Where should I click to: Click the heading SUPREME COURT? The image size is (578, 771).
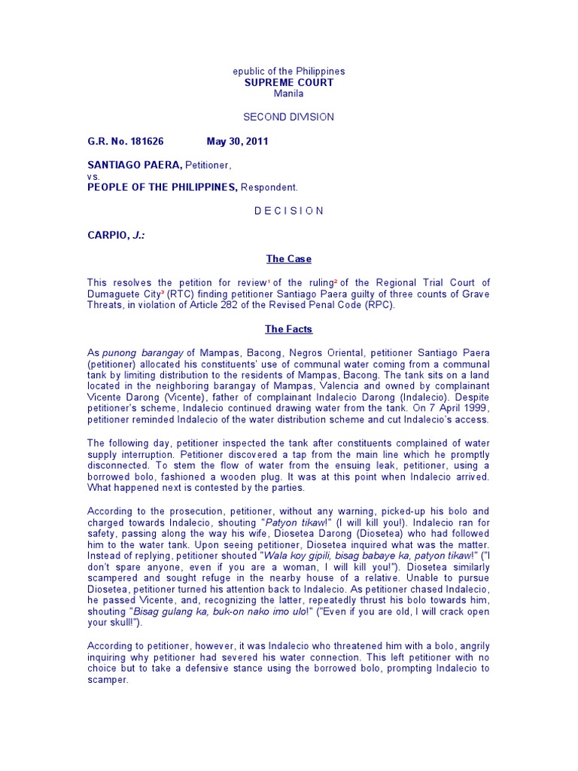(288, 82)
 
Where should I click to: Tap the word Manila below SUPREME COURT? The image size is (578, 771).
(288, 93)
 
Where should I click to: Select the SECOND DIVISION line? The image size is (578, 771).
(288, 117)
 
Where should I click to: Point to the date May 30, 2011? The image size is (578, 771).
(237, 141)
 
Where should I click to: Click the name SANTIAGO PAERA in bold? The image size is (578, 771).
(133, 164)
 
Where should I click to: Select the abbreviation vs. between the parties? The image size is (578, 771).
(93, 175)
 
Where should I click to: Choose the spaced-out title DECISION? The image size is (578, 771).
(288, 211)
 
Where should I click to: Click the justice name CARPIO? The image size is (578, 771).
(108, 235)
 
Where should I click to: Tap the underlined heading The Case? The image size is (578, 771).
(288, 259)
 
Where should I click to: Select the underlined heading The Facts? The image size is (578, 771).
(288, 329)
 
